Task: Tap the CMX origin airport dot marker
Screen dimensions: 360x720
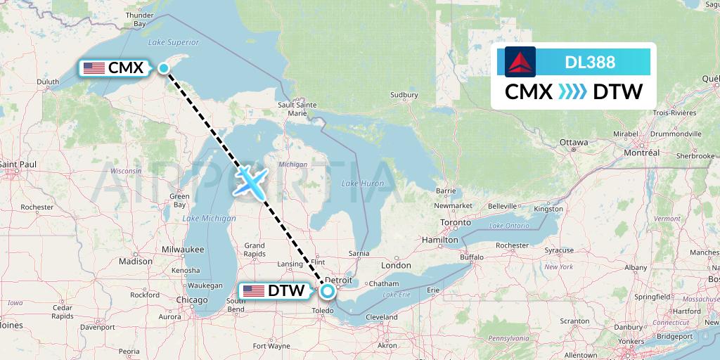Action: [x=164, y=68]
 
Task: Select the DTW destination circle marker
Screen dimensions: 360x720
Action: [x=328, y=290]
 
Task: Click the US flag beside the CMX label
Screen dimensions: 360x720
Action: [x=94, y=68]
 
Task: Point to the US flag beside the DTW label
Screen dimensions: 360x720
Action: [x=254, y=290]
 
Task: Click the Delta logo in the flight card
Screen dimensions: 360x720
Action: [x=520, y=62]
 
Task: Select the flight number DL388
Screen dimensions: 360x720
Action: [x=590, y=63]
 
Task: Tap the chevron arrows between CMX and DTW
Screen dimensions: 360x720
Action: [x=572, y=92]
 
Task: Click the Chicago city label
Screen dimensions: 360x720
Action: [x=192, y=300]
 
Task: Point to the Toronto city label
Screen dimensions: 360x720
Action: [x=456, y=222]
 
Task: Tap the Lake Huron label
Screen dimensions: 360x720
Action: [x=363, y=184]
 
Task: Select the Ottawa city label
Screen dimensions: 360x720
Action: [x=574, y=142]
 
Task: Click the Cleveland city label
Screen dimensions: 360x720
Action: [x=382, y=317]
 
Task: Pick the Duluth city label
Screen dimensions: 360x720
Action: [x=48, y=82]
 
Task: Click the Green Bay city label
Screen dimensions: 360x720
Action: [x=179, y=200]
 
